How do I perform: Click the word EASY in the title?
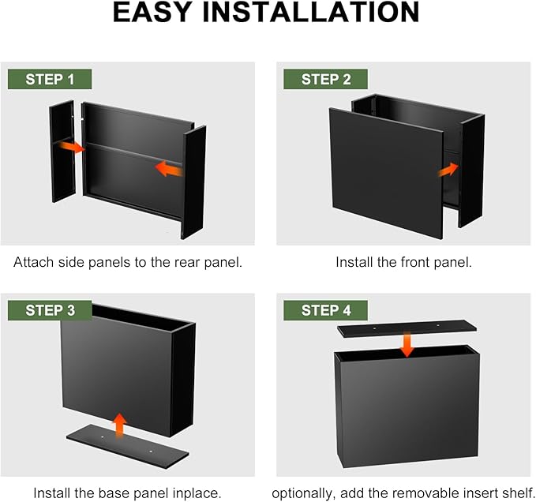(x=152, y=13)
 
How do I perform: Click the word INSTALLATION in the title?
(x=311, y=13)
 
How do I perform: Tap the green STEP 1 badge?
(x=50, y=79)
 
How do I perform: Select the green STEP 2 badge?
(x=325, y=79)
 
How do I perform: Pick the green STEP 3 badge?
(x=50, y=310)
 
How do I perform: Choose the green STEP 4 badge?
(x=325, y=310)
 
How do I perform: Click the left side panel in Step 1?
(x=62, y=151)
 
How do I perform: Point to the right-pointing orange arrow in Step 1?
(x=72, y=147)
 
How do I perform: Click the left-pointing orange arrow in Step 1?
(x=168, y=169)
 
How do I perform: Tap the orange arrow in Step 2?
(x=448, y=170)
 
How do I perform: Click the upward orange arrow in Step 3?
(x=119, y=425)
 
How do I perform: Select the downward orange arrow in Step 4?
(x=407, y=344)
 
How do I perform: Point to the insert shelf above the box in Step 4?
(x=407, y=328)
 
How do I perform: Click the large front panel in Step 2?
(x=386, y=174)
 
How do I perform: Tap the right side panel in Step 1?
(x=193, y=182)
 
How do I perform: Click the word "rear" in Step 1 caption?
(x=187, y=263)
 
